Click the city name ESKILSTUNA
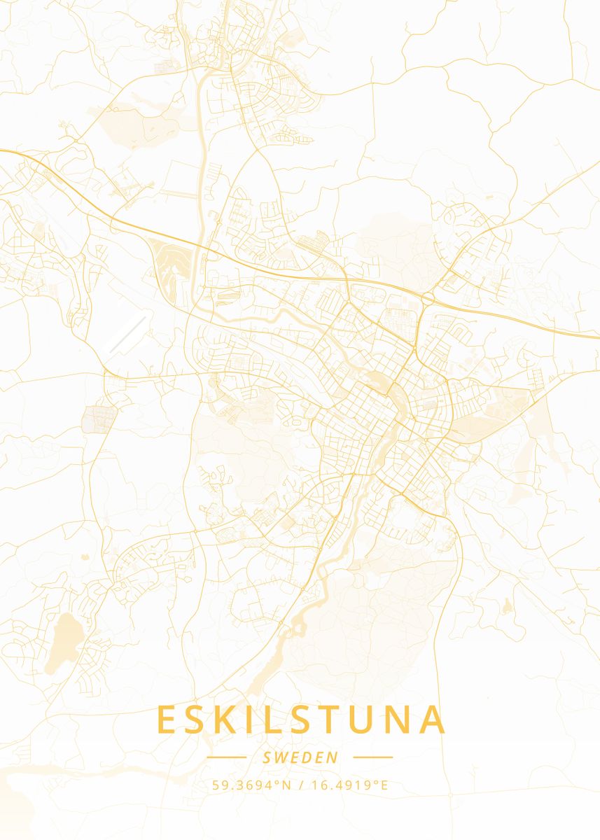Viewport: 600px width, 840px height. coord(300,720)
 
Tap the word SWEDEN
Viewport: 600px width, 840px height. coord(300,757)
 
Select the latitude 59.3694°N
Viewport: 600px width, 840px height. coord(251,785)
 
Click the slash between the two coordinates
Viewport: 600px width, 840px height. coord(300,785)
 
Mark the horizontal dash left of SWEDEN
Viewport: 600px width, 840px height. coord(226,757)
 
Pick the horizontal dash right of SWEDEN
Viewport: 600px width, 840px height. coord(373,757)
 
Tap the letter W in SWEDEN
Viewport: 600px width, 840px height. coord(283,757)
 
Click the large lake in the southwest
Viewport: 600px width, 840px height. coord(65,640)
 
